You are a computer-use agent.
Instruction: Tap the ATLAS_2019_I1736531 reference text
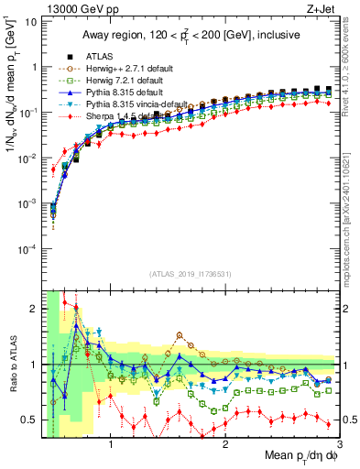click(191, 274)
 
